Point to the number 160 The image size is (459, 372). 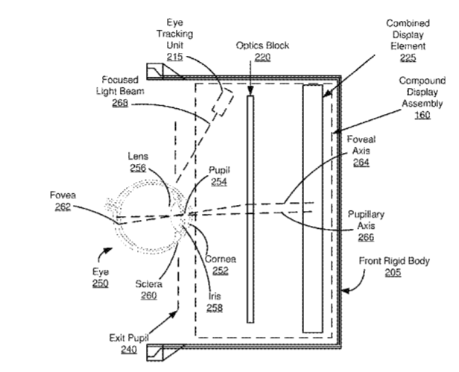click(x=422, y=116)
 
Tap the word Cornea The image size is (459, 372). click(x=221, y=259)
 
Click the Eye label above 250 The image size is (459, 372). click(x=100, y=272)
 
